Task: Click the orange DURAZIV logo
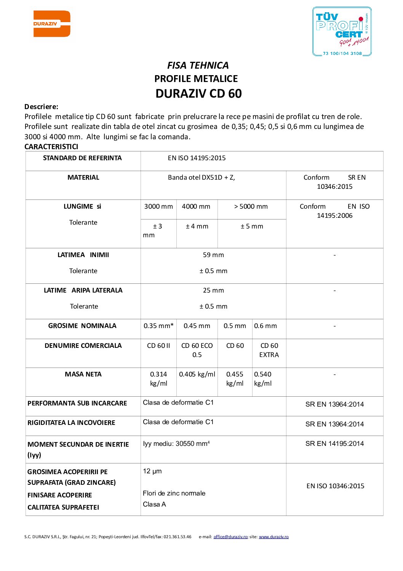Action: (x=52, y=24)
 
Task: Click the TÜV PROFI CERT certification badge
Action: (x=342, y=32)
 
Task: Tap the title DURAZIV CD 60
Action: (x=198, y=94)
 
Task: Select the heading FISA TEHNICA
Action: (x=198, y=66)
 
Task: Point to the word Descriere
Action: (x=41, y=107)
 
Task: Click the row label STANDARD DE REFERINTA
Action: (x=82, y=158)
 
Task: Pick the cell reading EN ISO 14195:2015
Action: (x=197, y=158)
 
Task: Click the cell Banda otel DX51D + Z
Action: (x=201, y=178)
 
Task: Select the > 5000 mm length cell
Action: (x=251, y=207)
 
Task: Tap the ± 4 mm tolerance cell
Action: (x=197, y=227)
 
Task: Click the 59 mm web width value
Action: (x=213, y=255)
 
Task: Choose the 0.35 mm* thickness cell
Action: (x=158, y=326)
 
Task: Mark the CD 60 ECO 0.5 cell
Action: (x=197, y=350)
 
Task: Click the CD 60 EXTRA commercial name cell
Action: (x=269, y=350)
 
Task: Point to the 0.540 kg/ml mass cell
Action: (x=263, y=379)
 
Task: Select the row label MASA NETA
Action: (x=83, y=375)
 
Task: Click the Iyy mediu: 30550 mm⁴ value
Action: (x=176, y=444)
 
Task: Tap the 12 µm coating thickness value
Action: (x=152, y=471)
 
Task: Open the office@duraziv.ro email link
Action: (x=230, y=537)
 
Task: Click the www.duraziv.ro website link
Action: (x=273, y=537)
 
